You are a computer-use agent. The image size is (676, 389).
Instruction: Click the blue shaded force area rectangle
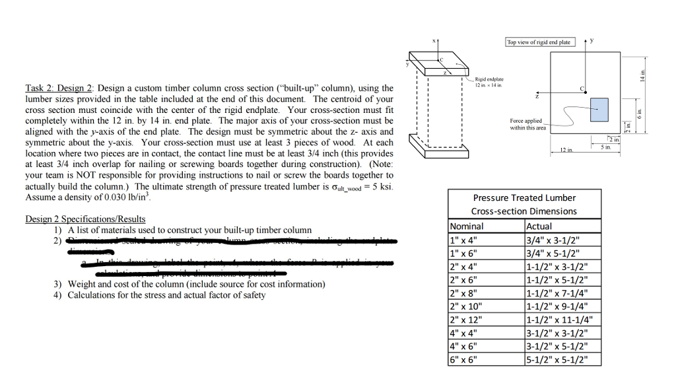[x=599, y=109]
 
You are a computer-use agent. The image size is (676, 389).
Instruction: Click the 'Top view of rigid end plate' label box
[x=538, y=42]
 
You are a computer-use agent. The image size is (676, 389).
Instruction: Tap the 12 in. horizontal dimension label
[x=565, y=152]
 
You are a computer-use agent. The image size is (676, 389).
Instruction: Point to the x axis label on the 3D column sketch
[x=434, y=41]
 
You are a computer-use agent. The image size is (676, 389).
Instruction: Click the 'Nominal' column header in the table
[x=467, y=226]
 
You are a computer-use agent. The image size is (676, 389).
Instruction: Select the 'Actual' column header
[x=539, y=226]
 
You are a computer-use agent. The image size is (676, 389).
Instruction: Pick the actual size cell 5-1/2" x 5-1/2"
[x=557, y=360]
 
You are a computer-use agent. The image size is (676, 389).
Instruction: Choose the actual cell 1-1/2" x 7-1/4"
[x=557, y=293]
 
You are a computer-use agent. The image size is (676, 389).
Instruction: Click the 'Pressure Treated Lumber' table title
[x=524, y=197]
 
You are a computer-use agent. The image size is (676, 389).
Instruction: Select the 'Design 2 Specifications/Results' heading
[x=85, y=219]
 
